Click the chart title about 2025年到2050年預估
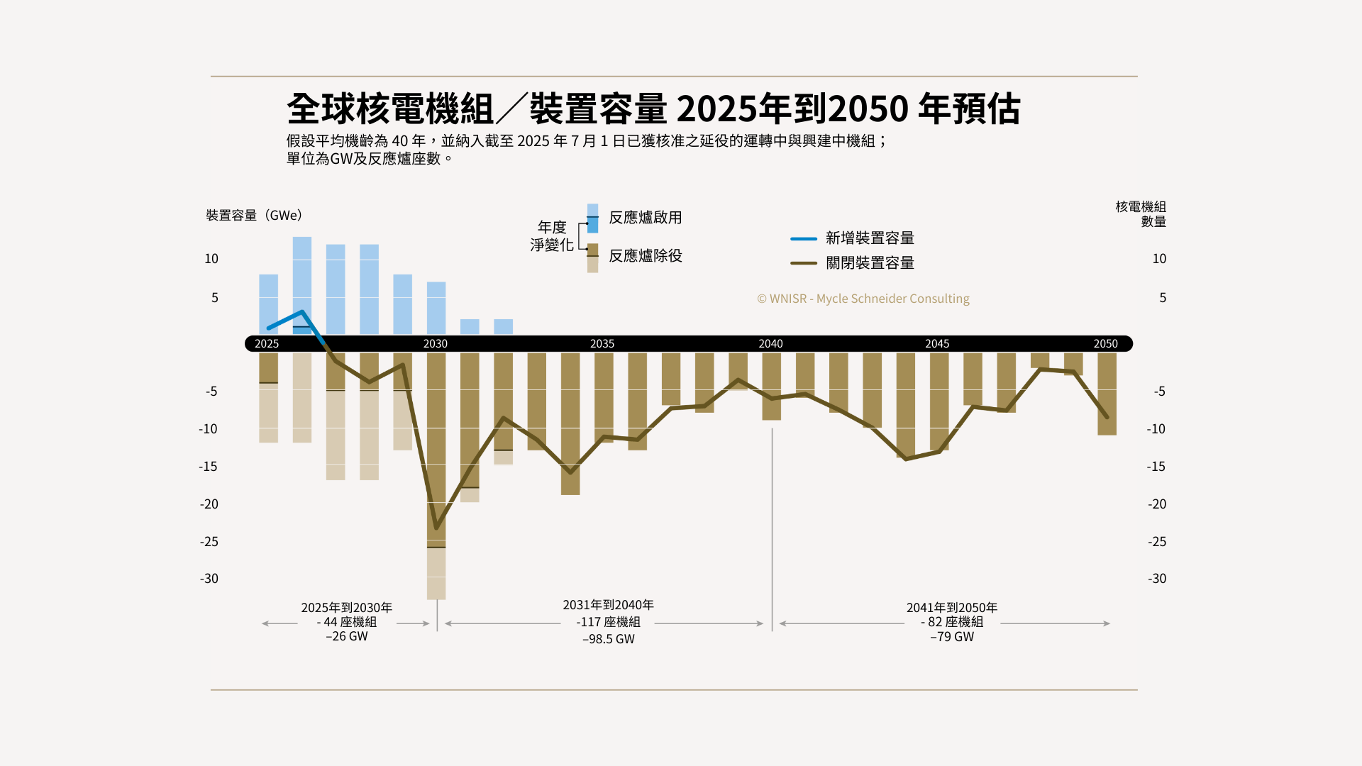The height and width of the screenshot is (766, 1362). (653, 109)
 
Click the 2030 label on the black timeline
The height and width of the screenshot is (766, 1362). (436, 344)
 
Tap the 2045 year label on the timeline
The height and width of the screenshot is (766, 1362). (937, 344)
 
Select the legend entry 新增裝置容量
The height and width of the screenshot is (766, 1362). (869, 238)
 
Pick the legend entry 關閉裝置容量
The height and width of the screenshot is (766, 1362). (869, 263)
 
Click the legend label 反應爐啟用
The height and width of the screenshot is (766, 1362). (645, 218)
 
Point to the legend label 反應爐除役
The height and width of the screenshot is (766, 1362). (645, 256)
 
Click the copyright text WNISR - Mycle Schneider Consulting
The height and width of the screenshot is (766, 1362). (863, 299)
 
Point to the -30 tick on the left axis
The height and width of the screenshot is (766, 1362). (209, 579)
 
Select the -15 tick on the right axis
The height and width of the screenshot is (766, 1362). (1156, 467)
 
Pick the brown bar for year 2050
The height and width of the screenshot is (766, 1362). (1107, 394)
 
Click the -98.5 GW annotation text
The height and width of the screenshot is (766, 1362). (609, 639)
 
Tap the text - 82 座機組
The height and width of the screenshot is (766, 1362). (952, 622)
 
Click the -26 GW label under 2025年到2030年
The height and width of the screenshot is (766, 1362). (347, 636)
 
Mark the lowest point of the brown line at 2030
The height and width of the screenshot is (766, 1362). (436, 528)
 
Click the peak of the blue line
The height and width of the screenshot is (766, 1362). (303, 312)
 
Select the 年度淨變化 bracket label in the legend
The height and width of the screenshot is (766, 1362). (552, 236)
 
